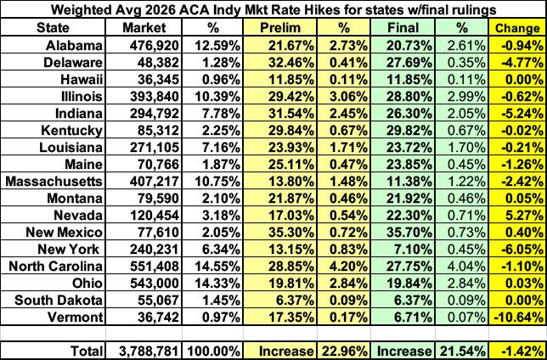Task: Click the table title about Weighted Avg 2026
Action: click(273, 10)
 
